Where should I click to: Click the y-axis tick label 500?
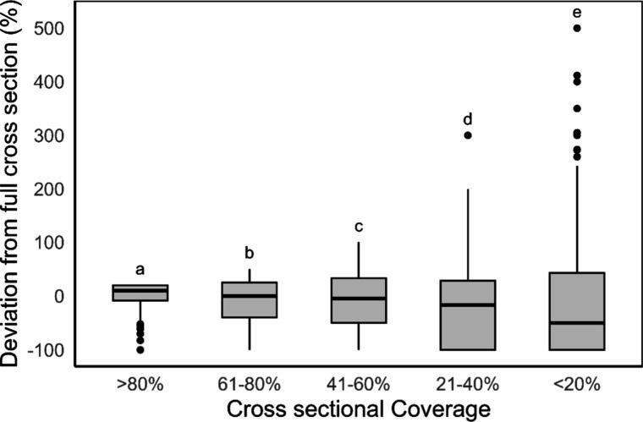52,29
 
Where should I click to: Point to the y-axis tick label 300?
52,135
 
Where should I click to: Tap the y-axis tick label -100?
47,350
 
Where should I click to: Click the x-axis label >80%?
140,383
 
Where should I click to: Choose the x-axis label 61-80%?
250,383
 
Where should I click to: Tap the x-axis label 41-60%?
359,383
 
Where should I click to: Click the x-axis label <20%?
577,383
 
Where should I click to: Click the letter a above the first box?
140,270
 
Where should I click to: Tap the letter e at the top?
577,12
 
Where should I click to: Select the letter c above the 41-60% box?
359,226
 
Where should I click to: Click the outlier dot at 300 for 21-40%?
468,135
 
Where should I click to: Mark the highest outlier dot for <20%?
577,29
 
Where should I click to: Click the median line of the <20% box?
577,322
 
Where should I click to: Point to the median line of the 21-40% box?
468,304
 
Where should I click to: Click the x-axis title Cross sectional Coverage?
359,408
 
